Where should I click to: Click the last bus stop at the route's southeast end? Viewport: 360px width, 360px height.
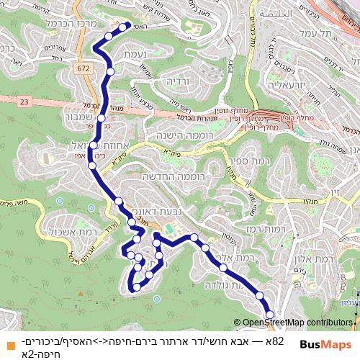(x=271, y=315)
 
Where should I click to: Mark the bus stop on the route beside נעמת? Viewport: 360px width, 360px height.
(x=111, y=71)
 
